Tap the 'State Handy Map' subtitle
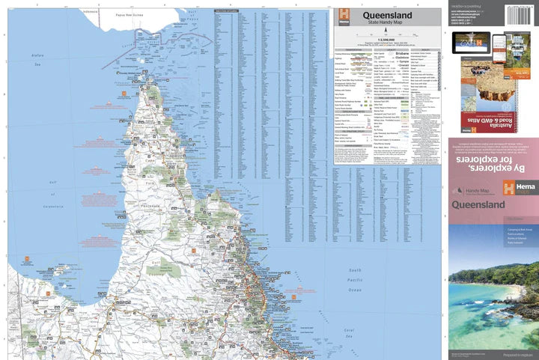click(388, 25)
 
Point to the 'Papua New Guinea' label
click(121, 15)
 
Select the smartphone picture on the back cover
click(512, 46)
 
